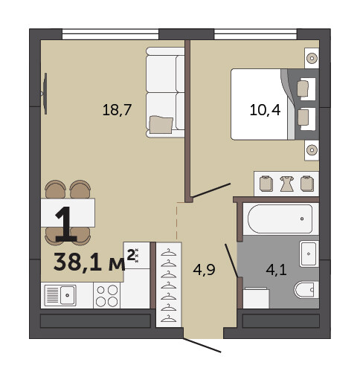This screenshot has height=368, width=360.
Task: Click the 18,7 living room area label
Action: [117, 110]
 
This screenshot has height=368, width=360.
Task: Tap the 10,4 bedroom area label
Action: [265, 110]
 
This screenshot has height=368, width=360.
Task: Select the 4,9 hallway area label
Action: [204, 270]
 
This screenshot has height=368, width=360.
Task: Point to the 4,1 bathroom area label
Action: [276, 270]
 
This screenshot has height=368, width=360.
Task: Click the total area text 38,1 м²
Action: [94, 261]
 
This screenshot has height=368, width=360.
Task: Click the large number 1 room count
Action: [65, 225]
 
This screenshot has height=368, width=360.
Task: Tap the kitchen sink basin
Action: [68, 295]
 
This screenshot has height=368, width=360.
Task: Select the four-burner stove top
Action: [107, 295]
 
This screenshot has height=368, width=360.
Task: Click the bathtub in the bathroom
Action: [280, 219]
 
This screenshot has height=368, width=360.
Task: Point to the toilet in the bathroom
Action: [306, 290]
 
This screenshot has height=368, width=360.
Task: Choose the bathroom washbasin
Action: [309, 254]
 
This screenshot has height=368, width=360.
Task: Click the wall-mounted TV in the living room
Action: [45, 94]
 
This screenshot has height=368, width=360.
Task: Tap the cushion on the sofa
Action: [161, 125]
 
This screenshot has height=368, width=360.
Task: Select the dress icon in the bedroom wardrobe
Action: [287, 184]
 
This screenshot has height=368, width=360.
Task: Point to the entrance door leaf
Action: [202, 345]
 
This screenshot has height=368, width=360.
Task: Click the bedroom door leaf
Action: [211, 190]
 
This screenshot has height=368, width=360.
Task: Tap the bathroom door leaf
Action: [231, 260]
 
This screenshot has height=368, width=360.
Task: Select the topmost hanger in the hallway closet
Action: [169, 253]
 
